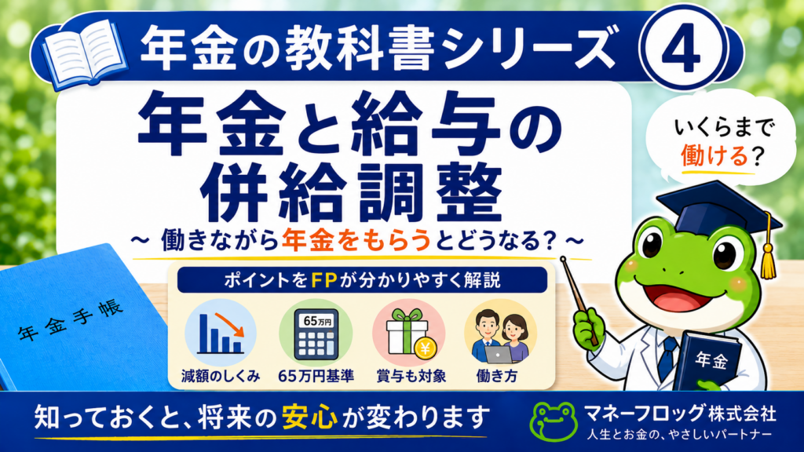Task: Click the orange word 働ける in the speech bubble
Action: tap(714, 155)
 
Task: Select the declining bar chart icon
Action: tap(221, 333)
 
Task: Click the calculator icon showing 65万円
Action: tap(316, 333)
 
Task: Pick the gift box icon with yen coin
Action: tap(409, 333)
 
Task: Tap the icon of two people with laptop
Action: tap(500, 333)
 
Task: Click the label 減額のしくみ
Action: tap(221, 376)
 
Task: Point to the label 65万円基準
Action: tap(316, 376)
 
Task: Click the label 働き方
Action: tap(497, 376)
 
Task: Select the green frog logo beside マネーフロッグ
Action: tap(554, 421)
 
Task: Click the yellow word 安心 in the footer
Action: tap(309, 417)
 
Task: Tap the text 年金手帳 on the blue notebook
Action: tap(71, 320)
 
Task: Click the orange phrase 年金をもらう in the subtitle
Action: tap(356, 240)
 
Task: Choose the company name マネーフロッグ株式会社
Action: tap(681, 413)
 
